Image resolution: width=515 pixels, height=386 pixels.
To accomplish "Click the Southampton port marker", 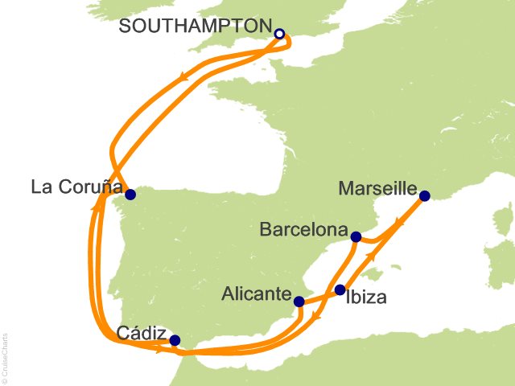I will pos(279,34).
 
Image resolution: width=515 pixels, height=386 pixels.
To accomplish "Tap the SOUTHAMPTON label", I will pos(196,26).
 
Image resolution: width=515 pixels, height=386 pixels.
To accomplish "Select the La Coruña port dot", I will pos(130,194).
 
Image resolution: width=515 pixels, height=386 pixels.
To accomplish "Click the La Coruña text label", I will pos(76,188).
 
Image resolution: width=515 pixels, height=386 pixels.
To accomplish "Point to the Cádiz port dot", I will pos(175,340).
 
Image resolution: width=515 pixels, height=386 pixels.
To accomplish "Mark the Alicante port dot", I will pos(299,302).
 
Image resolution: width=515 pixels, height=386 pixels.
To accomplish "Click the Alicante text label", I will pos(256,295).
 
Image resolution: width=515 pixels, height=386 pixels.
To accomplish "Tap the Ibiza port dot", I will pos(340,289).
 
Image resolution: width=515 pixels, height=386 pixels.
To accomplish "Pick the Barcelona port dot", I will pos(356,236).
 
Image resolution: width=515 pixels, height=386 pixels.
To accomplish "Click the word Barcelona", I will pos(303,230).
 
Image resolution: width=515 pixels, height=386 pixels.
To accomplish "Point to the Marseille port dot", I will pos(425,195).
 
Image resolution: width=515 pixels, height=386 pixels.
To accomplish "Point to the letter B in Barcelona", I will pos(266,230).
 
